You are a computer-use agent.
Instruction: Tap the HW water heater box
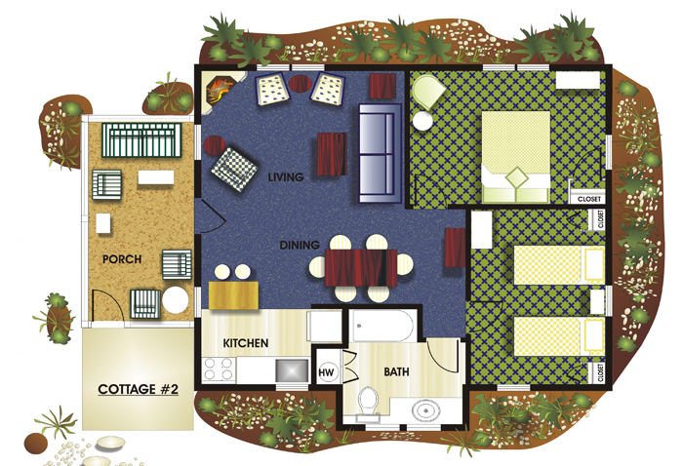[326, 372]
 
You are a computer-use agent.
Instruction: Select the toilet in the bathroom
[369, 404]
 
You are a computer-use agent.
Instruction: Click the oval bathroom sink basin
[426, 409]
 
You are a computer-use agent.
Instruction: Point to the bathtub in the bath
[382, 326]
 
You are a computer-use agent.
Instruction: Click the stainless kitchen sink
[292, 370]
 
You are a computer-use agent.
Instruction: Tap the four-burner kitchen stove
[220, 369]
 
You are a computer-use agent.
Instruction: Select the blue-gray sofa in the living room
[380, 153]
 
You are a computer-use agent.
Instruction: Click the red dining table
[361, 267]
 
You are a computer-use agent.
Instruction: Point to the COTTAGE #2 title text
[139, 389]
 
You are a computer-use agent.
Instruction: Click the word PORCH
[122, 259]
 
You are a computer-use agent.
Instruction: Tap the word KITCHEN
[246, 343]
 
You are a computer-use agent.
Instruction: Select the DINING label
[300, 246]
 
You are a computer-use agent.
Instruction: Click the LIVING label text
[286, 177]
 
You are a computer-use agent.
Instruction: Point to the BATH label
[396, 372]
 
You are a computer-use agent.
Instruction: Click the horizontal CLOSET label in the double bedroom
[589, 199]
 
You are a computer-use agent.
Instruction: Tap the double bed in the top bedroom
[516, 157]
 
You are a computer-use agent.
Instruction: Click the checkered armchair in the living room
[234, 169]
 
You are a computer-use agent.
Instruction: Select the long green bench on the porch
[141, 140]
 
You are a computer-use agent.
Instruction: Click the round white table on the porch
[176, 300]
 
